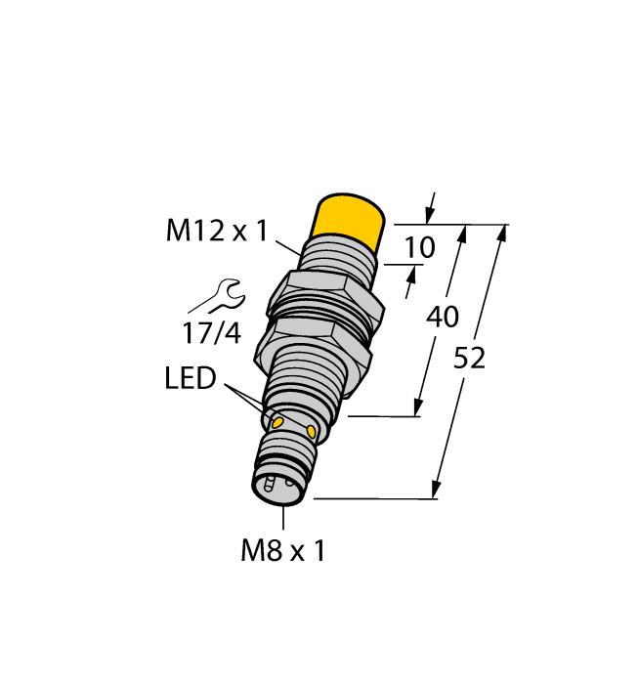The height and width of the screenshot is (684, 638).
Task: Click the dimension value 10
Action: click(419, 248)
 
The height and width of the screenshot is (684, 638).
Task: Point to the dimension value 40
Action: click(444, 318)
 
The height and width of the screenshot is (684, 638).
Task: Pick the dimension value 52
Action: click(469, 359)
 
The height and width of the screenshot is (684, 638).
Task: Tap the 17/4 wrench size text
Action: click(211, 333)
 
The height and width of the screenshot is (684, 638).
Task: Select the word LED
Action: click(190, 379)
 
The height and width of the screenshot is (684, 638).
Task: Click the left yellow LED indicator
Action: click(276, 422)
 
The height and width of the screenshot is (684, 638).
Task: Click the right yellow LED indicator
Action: click(312, 431)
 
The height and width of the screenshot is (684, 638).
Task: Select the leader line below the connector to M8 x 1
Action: click(283, 518)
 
